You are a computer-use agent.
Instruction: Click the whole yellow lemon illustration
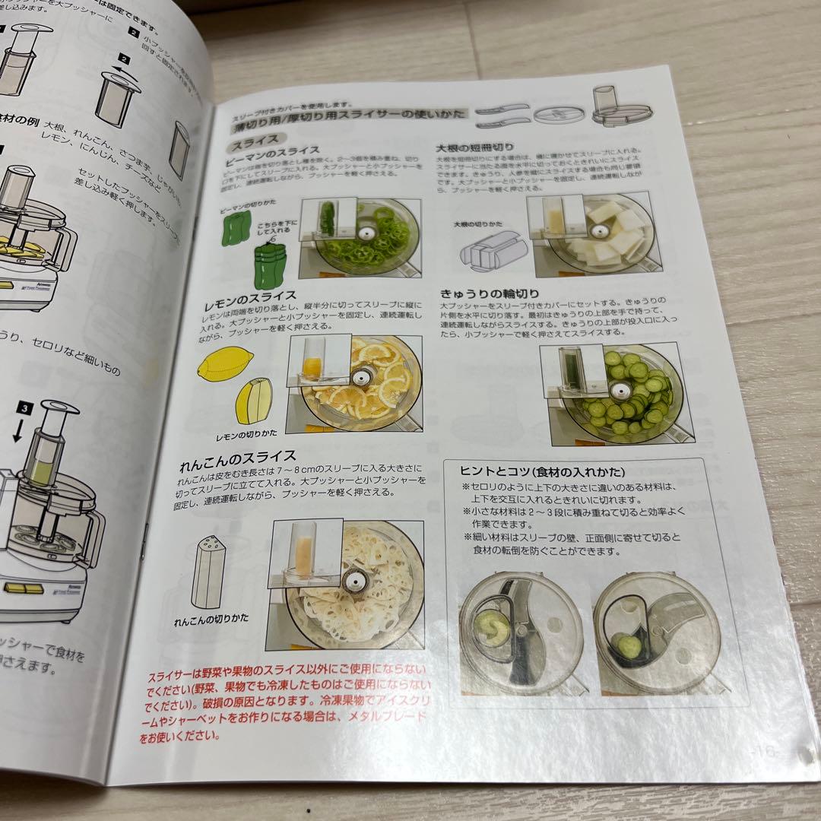point(224,363)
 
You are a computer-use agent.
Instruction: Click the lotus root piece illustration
point(207,571)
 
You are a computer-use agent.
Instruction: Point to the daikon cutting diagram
point(487,255)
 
